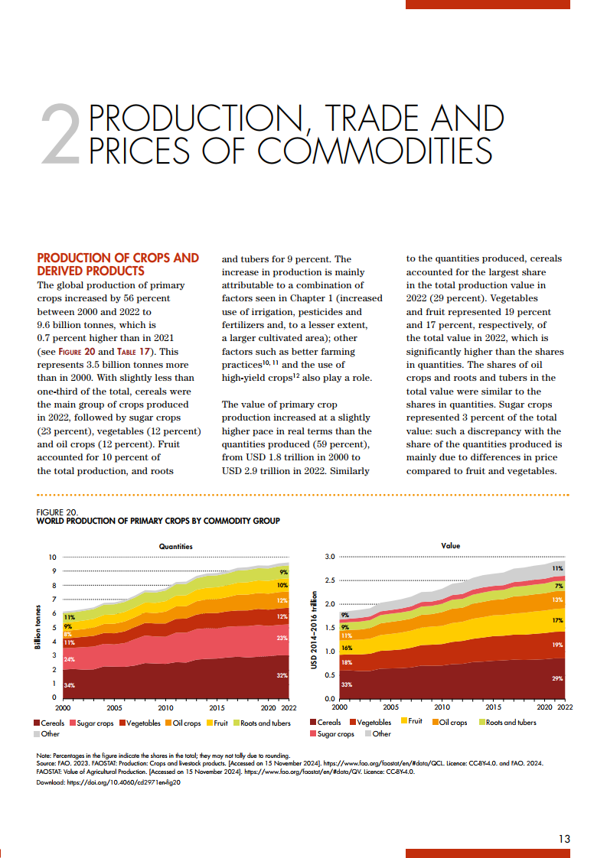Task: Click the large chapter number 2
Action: point(60,135)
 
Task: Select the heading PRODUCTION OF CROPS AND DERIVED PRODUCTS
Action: point(118,264)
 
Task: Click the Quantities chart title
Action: point(175,546)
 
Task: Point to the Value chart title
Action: point(451,546)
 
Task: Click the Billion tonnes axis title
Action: point(38,628)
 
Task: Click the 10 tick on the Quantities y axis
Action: point(53,557)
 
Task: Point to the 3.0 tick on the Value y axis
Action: point(330,557)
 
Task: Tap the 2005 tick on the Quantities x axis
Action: point(114,708)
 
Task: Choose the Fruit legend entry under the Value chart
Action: point(410,722)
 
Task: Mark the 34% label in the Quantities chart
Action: point(69,685)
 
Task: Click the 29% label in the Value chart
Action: point(557,678)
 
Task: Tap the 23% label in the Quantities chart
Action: point(282,638)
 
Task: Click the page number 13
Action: point(564,839)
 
